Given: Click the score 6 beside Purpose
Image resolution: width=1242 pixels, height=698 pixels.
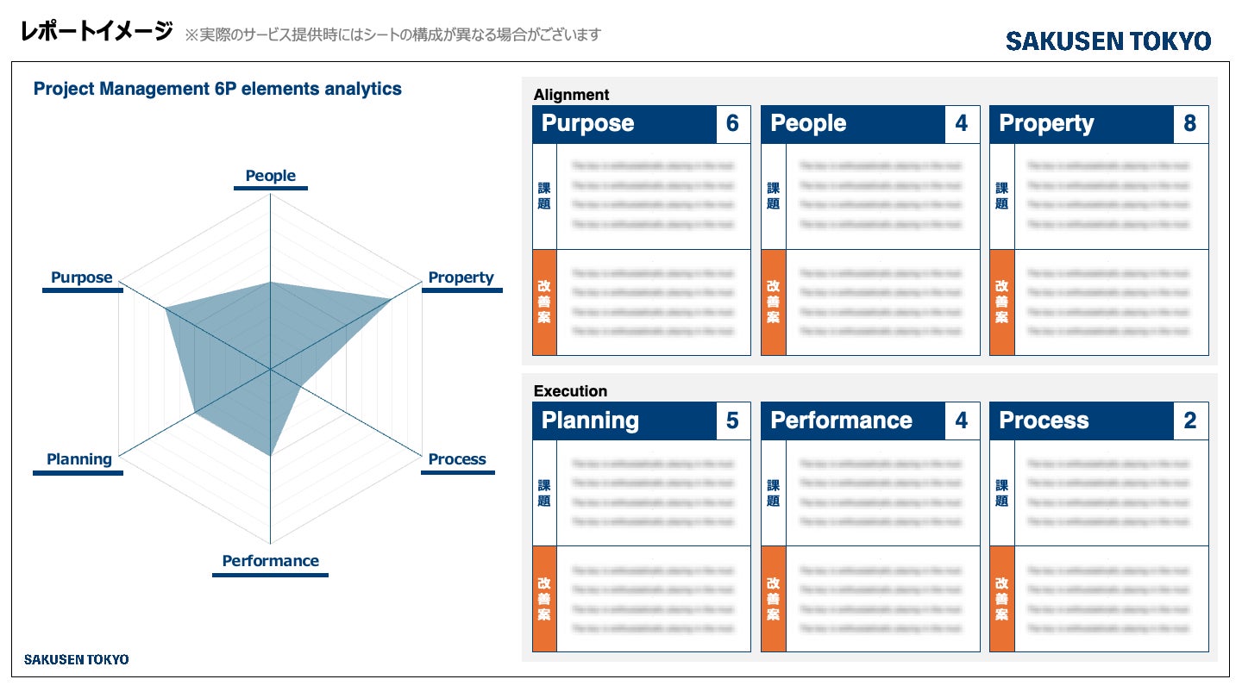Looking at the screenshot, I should [732, 124].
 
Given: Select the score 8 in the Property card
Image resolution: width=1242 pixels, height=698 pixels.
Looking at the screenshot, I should [1190, 124].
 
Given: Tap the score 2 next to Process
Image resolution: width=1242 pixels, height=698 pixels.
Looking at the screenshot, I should [1190, 421].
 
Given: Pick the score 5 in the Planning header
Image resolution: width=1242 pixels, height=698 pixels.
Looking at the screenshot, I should [732, 421].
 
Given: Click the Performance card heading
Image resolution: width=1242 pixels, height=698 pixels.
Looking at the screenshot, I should [841, 421].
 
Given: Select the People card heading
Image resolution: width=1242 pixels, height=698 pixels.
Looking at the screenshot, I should [808, 124].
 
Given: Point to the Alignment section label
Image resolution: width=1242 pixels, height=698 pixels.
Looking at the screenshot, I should [571, 95].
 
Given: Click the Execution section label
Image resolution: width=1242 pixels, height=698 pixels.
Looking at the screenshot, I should [570, 391].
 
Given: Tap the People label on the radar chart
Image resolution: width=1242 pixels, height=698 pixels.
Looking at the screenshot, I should [270, 176].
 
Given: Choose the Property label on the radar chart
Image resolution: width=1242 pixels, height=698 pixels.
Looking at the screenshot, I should [461, 277].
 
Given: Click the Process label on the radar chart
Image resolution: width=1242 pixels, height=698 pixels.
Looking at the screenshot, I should [457, 459].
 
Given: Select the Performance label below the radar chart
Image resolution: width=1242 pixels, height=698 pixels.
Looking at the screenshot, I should [270, 561].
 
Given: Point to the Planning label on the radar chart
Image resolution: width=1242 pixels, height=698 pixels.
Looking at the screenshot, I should [79, 459].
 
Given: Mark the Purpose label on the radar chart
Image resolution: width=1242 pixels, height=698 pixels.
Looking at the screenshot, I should [82, 277].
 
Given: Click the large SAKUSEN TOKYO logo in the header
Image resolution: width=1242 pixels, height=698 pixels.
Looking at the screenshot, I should [1108, 41].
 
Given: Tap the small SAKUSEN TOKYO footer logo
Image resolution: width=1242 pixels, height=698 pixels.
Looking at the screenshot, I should [76, 659].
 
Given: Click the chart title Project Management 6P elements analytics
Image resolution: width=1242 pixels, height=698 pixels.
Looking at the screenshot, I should [217, 89].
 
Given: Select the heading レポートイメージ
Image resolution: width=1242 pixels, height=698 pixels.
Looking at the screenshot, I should [97, 33].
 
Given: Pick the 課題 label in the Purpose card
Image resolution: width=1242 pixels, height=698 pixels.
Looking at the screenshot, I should [544, 196].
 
